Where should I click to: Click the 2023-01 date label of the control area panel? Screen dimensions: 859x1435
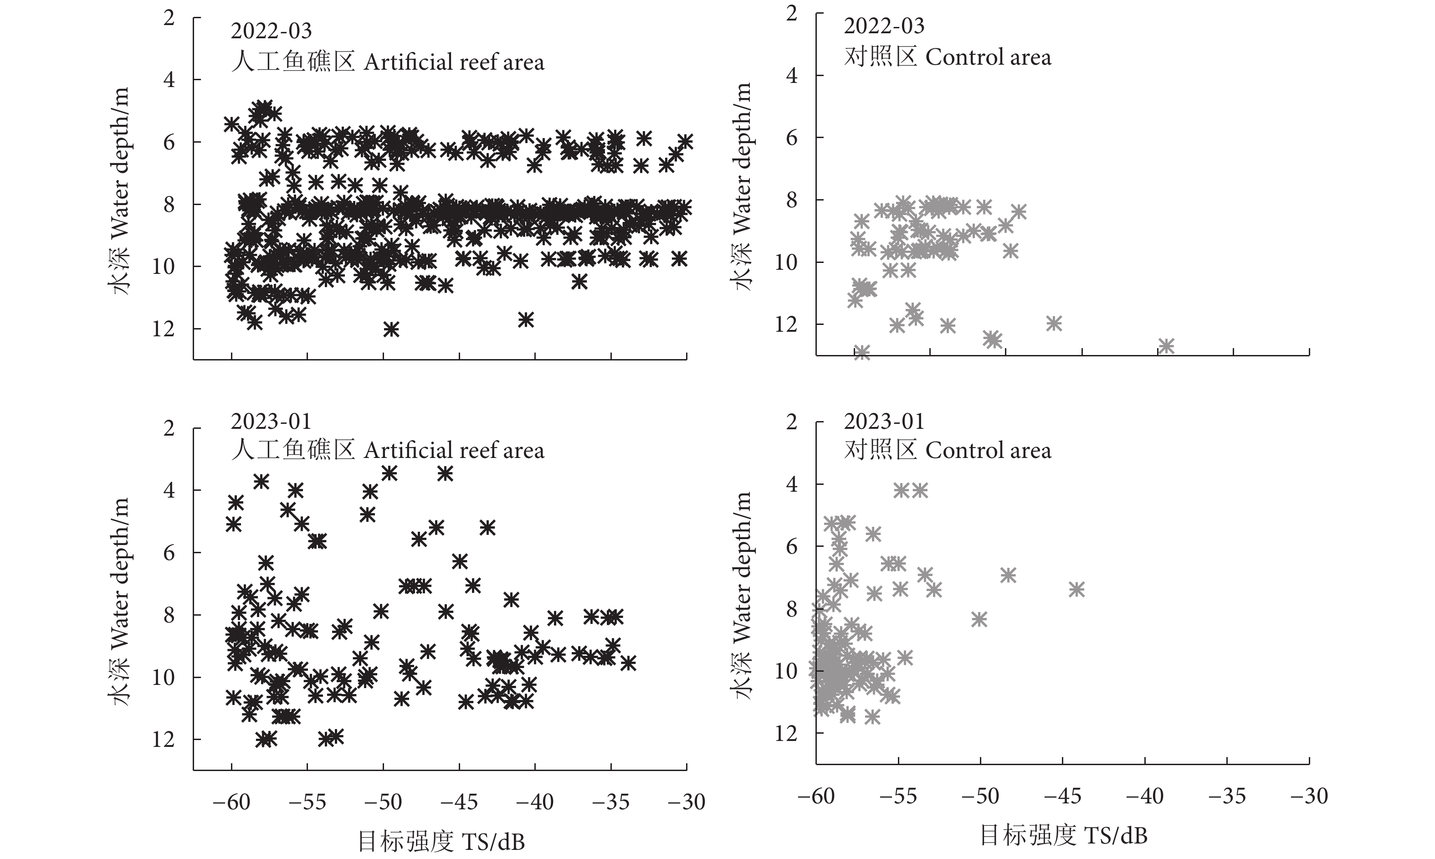pyautogui.click(x=884, y=422)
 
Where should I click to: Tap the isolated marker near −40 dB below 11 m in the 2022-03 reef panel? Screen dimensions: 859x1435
pyautogui.click(x=525, y=319)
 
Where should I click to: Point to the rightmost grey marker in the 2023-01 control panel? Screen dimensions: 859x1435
pyautogui.click(x=1076, y=589)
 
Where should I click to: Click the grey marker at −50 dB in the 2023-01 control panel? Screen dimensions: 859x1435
pyautogui.click(x=979, y=619)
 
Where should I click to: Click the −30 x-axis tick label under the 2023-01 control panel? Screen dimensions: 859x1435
pyautogui.click(x=1309, y=796)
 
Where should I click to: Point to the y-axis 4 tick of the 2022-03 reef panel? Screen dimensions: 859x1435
pyautogui.click(x=169, y=79)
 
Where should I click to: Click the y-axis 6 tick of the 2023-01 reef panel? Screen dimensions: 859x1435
pyautogui.click(x=169, y=553)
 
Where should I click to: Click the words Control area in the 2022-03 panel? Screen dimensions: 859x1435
pyautogui.click(x=988, y=57)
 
